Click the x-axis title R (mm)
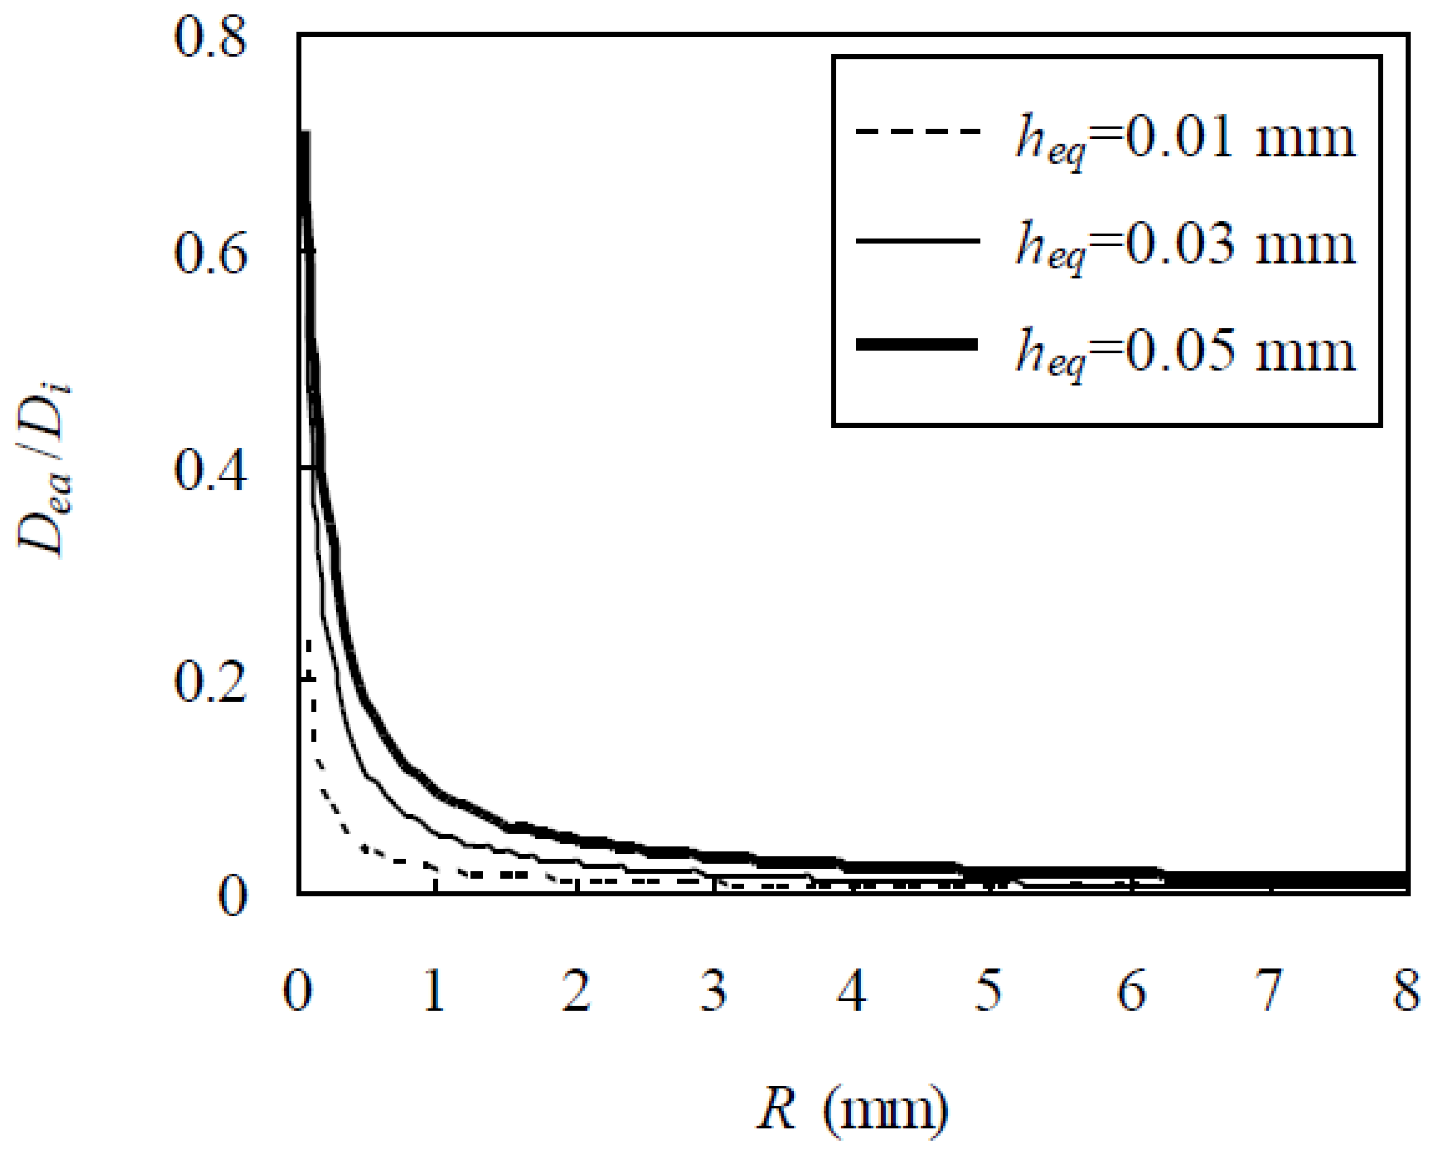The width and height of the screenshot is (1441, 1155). pos(852,1108)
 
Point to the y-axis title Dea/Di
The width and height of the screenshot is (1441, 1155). pos(45,468)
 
